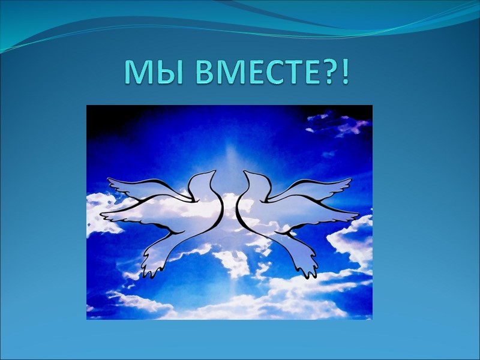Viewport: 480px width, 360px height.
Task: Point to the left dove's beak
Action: pyautogui.click(x=212, y=172)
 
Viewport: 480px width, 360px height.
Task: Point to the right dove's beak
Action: pyautogui.click(x=246, y=172)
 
